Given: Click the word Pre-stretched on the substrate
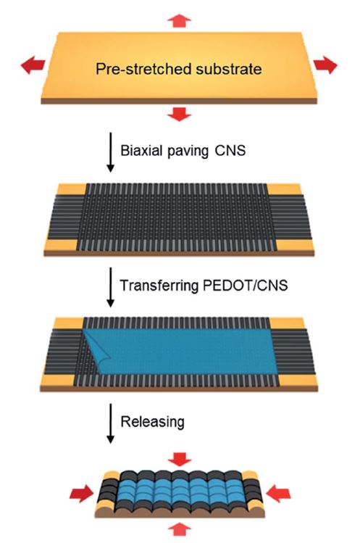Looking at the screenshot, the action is (x=143, y=69).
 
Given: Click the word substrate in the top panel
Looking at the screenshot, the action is (x=228, y=69).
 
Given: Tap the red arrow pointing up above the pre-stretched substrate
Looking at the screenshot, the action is (x=179, y=20).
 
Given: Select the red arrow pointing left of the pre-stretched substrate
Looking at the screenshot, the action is (x=33, y=65).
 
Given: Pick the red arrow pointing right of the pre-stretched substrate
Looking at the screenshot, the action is (x=325, y=65).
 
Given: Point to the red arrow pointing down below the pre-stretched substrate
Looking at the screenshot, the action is (x=179, y=114).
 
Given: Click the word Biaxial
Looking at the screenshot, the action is (x=142, y=151).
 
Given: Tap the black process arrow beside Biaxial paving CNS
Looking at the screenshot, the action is (x=110, y=152).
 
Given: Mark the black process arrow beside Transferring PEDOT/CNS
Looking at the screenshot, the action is (x=110, y=287).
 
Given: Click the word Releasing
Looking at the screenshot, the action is (x=152, y=422).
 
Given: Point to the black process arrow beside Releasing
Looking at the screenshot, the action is (x=110, y=423).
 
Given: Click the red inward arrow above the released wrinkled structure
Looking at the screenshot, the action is (x=180, y=459).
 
